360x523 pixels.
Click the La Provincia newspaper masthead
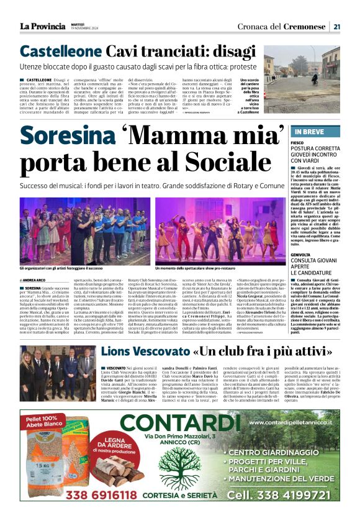pyautogui.click(x=42, y=26)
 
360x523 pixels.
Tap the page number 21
pyautogui.click(x=336, y=27)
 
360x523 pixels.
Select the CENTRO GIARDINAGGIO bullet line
pyautogui.click(x=282, y=452)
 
